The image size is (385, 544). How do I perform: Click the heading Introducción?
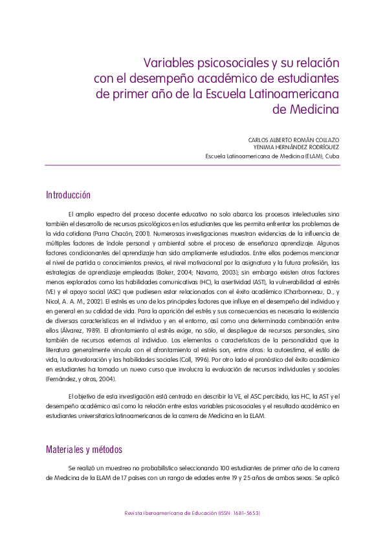click(68, 195)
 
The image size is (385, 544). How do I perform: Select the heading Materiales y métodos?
click(84, 450)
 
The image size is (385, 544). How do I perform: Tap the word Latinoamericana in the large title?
click(296, 94)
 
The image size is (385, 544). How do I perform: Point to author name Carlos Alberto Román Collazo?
click(293, 140)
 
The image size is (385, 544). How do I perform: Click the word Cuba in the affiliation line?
click(332, 156)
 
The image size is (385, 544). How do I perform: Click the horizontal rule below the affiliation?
click(192, 165)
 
